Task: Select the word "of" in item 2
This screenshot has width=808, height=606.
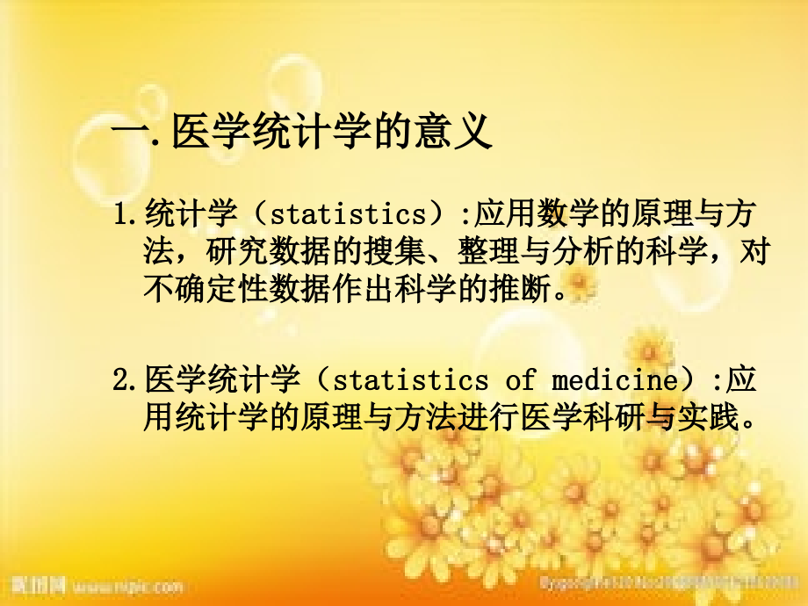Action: [519, 379]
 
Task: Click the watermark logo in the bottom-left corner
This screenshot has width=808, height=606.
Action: [34, 584]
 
